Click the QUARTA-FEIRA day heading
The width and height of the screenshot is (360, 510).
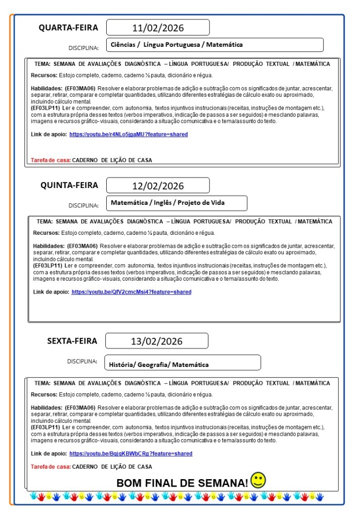(68, 27)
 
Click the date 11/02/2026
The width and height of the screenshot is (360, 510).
(158, 27)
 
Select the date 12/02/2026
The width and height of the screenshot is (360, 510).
(158, 185)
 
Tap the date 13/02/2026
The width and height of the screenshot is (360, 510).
(157, 341)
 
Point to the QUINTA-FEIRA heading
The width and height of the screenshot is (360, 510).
(69, 185)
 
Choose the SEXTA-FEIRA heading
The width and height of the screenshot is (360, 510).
(72, 341)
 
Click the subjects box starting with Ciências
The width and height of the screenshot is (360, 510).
(215, 45)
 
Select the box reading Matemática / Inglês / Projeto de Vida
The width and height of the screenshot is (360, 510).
(177, 203)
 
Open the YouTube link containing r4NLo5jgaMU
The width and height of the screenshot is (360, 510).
(129, 134)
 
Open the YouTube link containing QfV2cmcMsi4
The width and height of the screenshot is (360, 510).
(131, 292)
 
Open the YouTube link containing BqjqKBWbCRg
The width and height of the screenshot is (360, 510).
(131, 454)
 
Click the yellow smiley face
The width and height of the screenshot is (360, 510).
(258, 480)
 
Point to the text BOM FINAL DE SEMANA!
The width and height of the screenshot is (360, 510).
(182, 483)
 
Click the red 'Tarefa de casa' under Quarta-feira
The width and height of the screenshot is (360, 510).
(51, 160)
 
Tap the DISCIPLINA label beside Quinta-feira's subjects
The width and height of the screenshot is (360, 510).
(84, 205)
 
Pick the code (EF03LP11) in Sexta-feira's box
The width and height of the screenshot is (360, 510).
(45, 427)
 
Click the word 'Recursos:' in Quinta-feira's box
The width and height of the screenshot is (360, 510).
(46, 232)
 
